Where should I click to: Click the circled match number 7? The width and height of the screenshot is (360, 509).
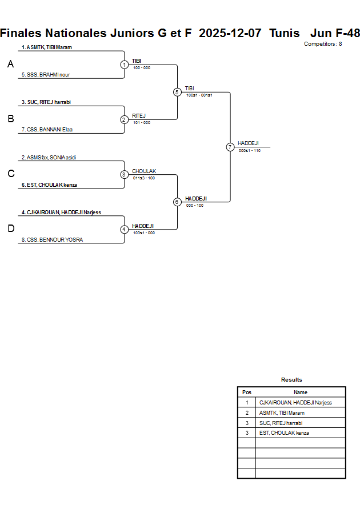(230, 147)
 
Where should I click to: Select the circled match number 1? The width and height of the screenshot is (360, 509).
(124, 65)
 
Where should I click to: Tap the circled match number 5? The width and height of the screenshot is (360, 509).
(177, 92)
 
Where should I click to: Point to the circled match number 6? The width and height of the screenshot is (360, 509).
(177, 202)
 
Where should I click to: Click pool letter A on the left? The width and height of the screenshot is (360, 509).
(10, 65)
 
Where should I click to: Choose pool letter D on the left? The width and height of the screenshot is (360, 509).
(10, 229)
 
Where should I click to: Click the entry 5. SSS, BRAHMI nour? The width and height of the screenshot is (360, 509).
(46, 75)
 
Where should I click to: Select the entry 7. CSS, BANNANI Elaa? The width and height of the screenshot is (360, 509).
(47, 130)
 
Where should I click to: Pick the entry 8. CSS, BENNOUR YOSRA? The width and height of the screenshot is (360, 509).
(52, 240)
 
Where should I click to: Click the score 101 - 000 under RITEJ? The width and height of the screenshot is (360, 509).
(142, 123)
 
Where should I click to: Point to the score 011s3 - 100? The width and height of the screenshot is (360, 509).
(143, 178)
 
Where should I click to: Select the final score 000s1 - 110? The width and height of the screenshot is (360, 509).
(250, 150)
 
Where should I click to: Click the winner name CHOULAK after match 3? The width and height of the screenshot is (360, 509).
(144, 171)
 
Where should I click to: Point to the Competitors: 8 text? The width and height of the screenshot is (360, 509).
(323, 44)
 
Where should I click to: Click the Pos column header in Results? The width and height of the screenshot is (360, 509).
(247, 392)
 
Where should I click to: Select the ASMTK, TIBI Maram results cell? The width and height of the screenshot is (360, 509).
(282, 412)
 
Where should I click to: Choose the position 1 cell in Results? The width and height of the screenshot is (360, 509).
(247, 403)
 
